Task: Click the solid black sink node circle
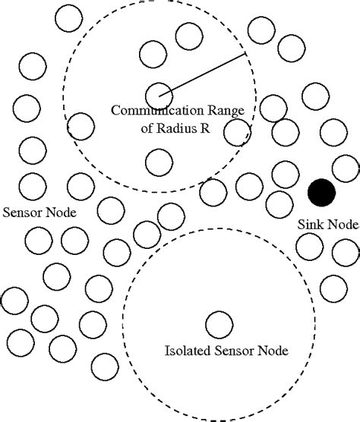(x=322, y=192)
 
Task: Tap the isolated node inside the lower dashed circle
(x=219, y=324)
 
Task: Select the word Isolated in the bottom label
(x=185, y=351)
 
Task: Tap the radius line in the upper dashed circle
(x=202, y=75)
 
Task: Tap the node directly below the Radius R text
(x=157, y=160)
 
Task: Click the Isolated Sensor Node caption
(x=220, y=351)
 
